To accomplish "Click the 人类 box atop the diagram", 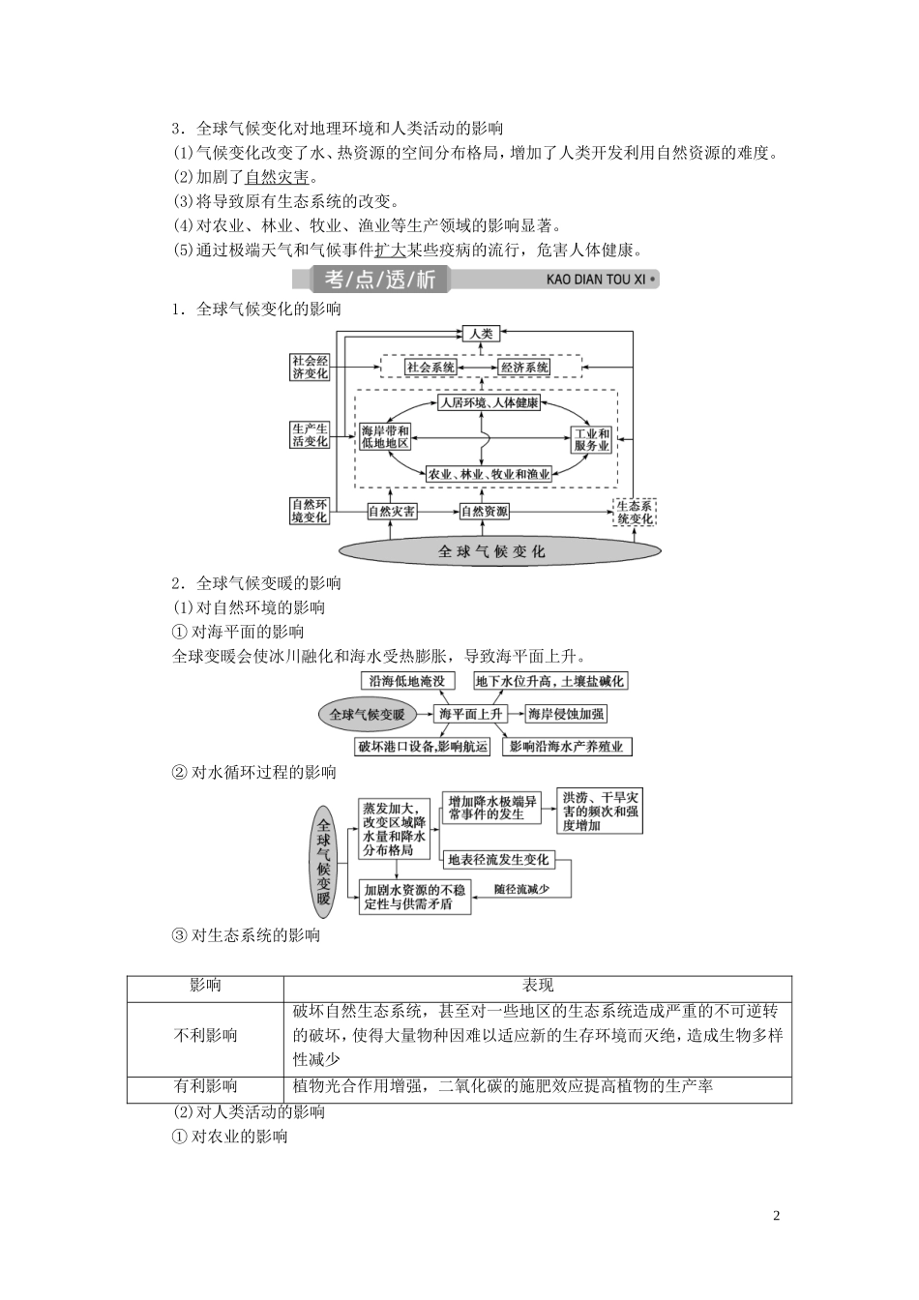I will [x=482, y=334].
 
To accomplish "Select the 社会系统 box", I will [x=431, y=368].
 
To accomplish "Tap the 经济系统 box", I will [x=524, y=368].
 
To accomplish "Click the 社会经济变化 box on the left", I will [x=311, y=368].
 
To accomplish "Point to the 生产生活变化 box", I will [x=311, y=434].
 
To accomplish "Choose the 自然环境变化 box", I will [x=311, y=511].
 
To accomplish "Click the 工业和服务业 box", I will [x=591, y=440].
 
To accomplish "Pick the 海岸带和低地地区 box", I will [x=385, y=436].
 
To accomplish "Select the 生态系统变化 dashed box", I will [x=636, y=512].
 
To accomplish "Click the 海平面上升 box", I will [x=470, y=714].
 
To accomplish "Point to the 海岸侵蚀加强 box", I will [x=566, y=714].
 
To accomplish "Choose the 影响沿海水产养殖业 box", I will [x=570, y=746].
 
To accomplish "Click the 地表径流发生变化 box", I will [x=499, y=859].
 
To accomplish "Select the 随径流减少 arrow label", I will [x=521, y=888].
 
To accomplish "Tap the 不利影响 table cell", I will [x=205, y=1035].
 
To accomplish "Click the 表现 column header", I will [x=538, y=986].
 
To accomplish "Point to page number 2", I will [x=777, y=1216].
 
